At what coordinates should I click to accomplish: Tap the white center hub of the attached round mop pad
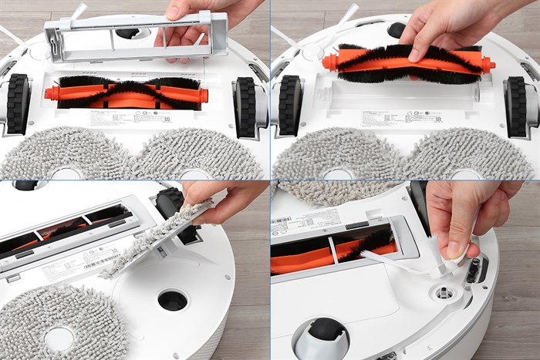pos(59,338)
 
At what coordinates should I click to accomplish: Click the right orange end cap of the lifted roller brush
pos(488,66)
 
